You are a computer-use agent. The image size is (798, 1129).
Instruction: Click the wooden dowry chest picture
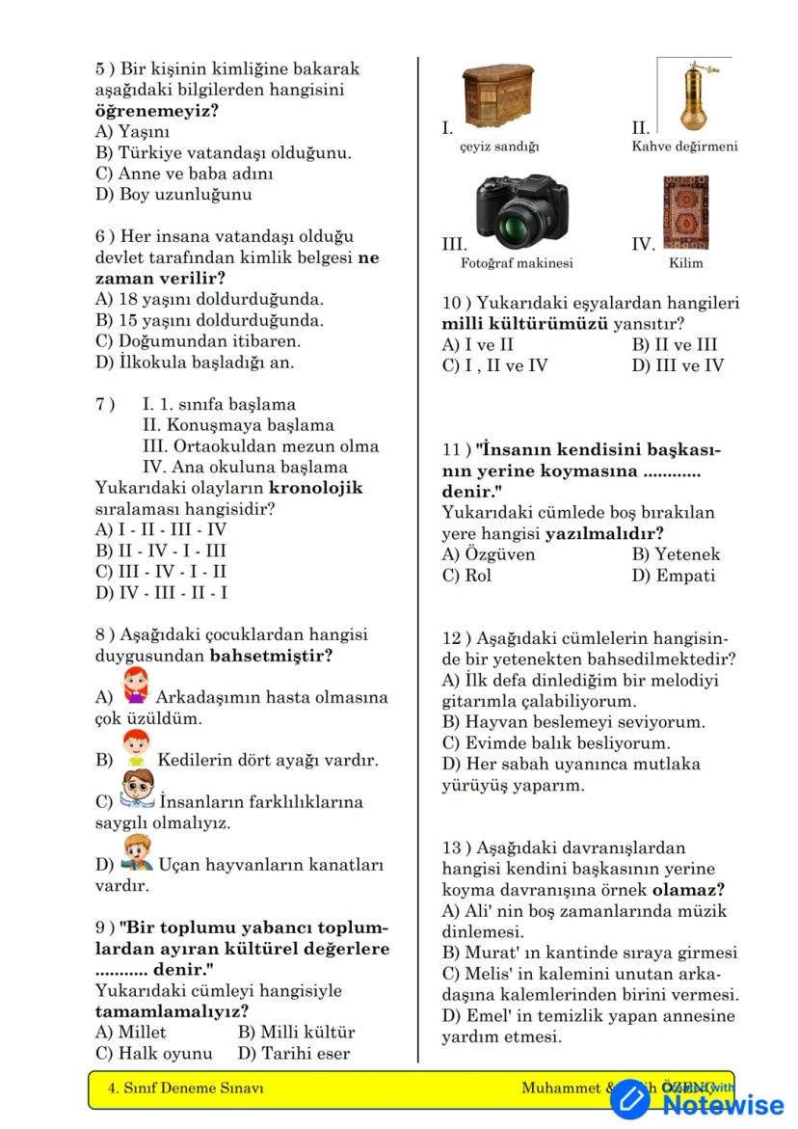point(498,96)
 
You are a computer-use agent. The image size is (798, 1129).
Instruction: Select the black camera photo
point(516,213)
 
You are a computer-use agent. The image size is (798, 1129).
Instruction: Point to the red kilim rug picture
point(685,213)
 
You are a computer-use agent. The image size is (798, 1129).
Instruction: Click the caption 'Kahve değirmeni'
point(684,147)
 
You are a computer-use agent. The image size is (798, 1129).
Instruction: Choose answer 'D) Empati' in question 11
point(674,576)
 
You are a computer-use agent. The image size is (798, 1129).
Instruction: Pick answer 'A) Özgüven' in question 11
point(489,554)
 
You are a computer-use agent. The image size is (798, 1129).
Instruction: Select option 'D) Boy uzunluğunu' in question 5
point(173,195)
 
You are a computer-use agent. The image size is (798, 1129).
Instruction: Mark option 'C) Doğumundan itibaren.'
point(198,341)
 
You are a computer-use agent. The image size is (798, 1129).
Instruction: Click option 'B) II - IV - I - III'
point(160,551)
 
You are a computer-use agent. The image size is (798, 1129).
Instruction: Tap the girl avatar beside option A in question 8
point(136,686)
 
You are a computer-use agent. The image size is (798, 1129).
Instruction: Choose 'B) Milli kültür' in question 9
point(296,1033)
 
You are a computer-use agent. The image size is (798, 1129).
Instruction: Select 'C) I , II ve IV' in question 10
point(494,365)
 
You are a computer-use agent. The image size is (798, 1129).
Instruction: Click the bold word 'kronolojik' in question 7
point(315,488)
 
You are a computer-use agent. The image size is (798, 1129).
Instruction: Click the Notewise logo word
point(723,1105)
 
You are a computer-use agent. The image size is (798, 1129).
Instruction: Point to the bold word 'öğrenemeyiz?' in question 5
point(156,111)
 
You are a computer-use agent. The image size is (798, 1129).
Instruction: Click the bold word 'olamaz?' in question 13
point(688,890)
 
